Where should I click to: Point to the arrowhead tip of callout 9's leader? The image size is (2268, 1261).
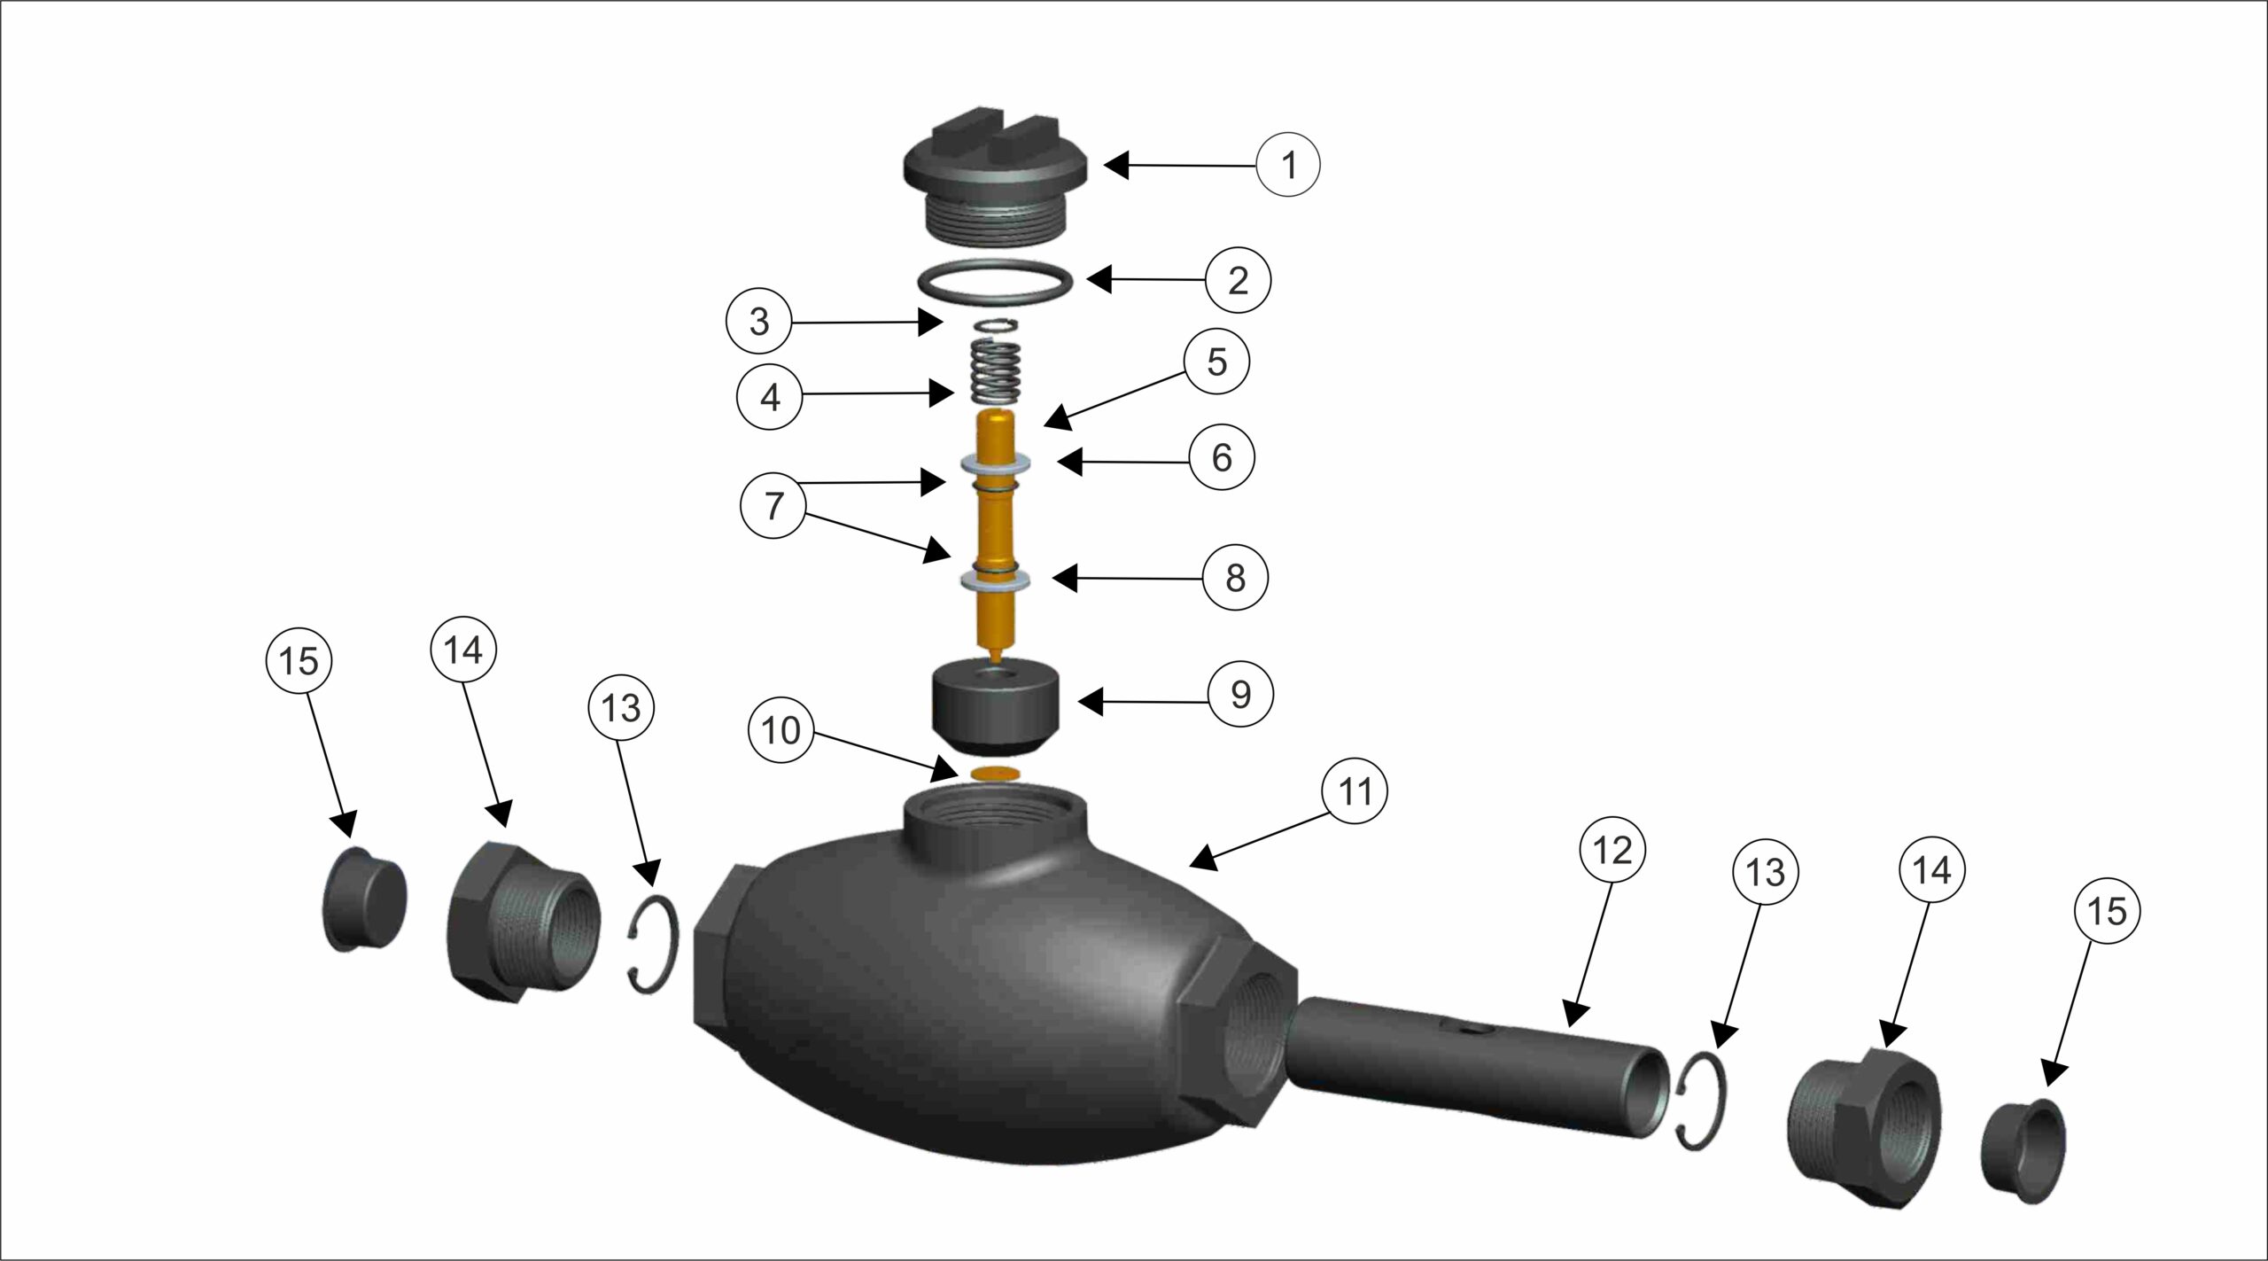tap(1077, 703)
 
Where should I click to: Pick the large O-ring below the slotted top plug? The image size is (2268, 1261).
tap(996, 282)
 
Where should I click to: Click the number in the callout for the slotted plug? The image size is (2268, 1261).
tap(1289, 165)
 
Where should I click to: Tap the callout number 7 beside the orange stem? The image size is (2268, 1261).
tap(774, 506)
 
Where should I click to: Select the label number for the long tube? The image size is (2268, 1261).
tap(1612, 851)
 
